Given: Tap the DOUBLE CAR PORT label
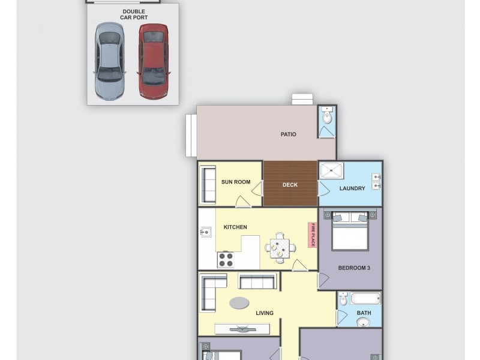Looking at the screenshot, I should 134,14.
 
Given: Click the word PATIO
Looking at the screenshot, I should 289,134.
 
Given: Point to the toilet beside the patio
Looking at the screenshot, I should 327,117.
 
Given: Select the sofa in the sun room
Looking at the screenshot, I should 208,184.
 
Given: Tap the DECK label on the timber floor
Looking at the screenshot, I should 290,185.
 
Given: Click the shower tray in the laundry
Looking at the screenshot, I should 331,171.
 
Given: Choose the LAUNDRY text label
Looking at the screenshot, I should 352,188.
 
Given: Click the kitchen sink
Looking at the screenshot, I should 206,232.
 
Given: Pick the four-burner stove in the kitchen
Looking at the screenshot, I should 226,259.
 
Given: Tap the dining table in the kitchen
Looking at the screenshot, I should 280,247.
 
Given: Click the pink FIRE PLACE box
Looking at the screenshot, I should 312,235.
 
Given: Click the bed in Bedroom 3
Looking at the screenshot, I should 350,230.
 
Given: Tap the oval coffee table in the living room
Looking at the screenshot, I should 239,303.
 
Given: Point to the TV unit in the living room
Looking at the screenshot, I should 242,329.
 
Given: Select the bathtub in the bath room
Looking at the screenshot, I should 365,298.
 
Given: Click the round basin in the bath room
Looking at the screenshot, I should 363,323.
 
